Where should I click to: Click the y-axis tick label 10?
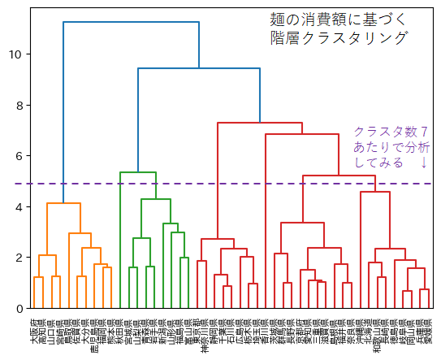pos(15,54)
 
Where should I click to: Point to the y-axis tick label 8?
pos(19,105)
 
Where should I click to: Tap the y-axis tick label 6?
pos(19,156)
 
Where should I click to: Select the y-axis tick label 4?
pos(19,206)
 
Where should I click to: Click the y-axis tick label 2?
pos(19,258)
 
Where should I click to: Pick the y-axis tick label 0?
pos(19,308)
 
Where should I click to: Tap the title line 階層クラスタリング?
pos(339,38)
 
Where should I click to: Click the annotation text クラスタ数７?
pos(391,132)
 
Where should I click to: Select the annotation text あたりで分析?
pos(391,148)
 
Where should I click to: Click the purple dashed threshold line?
pos(244,184)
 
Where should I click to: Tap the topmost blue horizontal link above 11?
pos(130,22)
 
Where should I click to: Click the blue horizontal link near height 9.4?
pos(199,68)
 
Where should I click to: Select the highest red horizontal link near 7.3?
pos(260,123)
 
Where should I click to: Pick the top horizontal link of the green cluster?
pos(138,172)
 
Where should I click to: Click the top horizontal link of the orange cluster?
pos(63,203)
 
